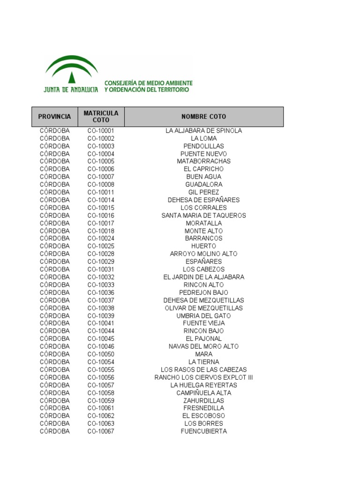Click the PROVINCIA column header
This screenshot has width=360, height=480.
point(55,117)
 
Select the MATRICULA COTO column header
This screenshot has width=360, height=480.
point(101,117)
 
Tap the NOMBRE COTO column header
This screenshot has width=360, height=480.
point(204,117)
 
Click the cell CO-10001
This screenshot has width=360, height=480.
point(101,131)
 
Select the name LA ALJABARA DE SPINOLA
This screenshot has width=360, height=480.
point(204,131)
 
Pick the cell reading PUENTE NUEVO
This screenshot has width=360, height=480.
point(204,154)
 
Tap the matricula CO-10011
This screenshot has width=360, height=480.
point(101,192)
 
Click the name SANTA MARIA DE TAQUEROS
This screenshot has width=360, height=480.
point(204,216)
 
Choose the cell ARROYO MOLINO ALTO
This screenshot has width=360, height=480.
point(204,254)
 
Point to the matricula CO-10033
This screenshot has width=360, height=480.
point(101,285)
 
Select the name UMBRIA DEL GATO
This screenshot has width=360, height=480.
point(204,316)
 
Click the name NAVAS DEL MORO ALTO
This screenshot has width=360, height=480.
point(204,346)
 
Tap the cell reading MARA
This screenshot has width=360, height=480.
point(204,354)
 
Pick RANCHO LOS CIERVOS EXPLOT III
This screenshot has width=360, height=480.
point(204,377)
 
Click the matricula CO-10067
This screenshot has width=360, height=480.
point(101,431)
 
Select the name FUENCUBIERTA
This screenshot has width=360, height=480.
point(204,431)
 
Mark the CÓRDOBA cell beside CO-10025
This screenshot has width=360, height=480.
point(55,246)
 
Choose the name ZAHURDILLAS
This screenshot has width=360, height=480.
point(204,401)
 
